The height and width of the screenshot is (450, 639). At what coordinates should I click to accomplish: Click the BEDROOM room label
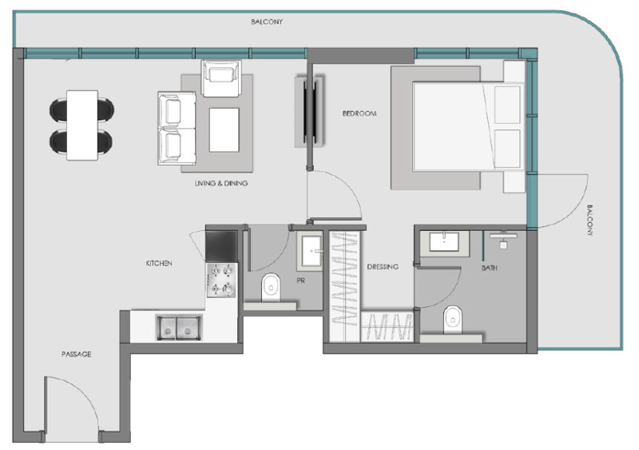359,113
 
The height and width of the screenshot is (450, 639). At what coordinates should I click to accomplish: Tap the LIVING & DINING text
220,183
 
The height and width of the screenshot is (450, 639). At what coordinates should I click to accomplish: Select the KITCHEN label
159,263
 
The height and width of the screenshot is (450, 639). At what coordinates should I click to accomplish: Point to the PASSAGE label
76,354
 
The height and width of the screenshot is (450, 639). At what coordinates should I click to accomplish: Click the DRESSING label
383,267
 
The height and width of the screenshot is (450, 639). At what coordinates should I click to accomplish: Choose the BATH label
490,268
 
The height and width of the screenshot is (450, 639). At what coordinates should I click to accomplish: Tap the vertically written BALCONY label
590,220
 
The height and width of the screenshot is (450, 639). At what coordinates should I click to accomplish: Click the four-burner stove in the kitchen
222,279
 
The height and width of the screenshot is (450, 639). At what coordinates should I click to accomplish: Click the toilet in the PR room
272,285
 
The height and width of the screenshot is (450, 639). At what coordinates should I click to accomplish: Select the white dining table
81,124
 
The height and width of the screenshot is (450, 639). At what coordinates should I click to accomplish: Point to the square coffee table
224,129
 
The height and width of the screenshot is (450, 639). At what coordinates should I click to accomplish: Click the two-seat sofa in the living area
172,126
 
